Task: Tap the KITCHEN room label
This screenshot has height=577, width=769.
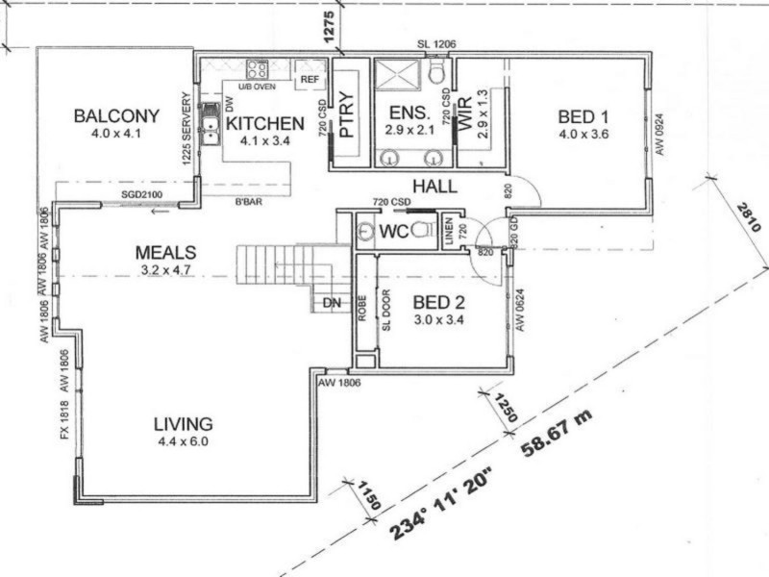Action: (265, 123)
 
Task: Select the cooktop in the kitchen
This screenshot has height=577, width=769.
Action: (257, 69)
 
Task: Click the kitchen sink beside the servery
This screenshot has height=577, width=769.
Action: (210, 123)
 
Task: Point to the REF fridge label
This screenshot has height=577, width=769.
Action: (310, 80)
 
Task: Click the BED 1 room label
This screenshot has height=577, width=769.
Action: (583, 117)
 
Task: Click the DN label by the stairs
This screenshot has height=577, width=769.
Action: (331, 302)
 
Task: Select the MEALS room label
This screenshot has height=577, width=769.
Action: (165, 253)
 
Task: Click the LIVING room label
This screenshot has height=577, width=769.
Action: (182, 423)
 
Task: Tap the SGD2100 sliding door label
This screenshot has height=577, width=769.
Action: (141, 195)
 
